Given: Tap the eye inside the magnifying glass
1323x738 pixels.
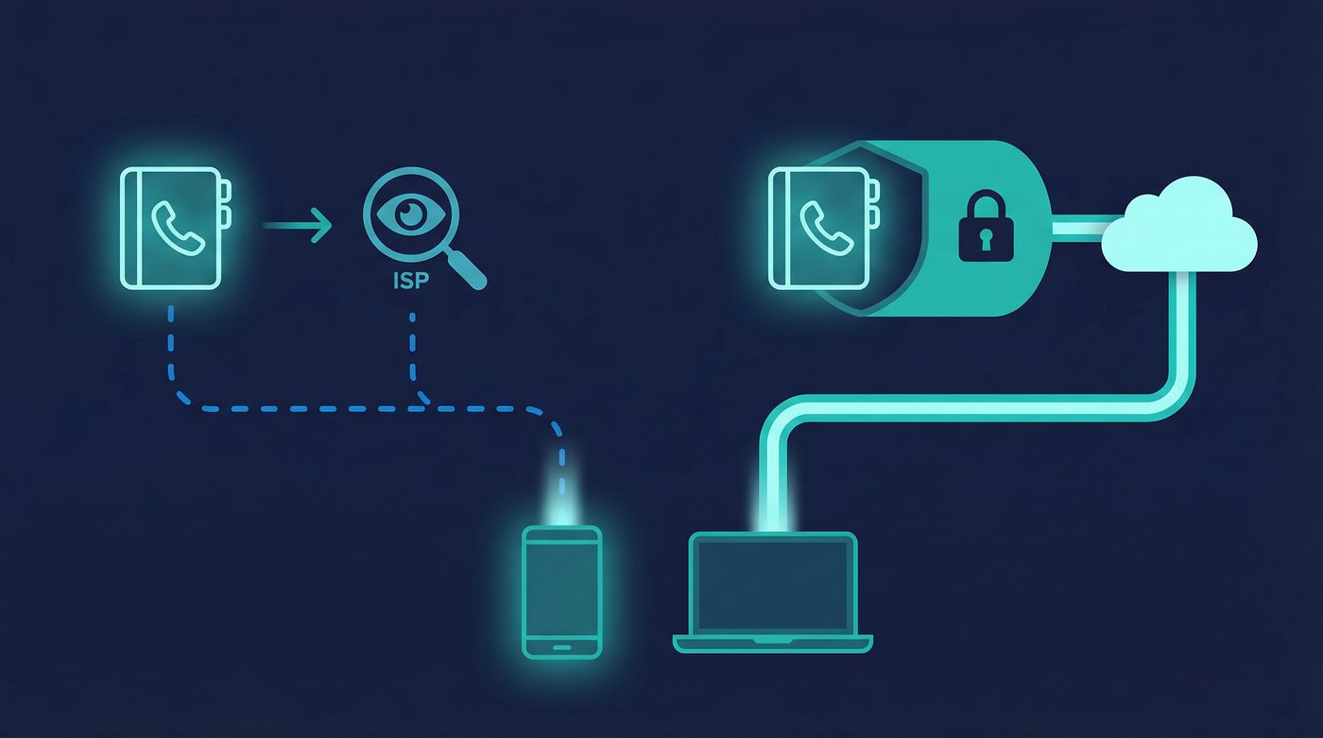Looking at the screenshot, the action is point(410,214).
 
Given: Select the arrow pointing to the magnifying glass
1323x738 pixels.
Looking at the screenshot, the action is point(297,226).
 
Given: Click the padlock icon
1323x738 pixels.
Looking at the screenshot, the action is point(986,226).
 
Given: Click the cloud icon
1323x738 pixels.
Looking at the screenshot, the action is point(1180,227).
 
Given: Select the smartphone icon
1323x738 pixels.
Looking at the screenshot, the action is point(561,592).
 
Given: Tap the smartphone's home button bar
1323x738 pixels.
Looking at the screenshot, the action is point(561,648).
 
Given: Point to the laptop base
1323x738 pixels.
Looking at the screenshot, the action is point(773,644).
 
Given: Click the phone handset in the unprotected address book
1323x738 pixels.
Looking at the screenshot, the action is point(177,228).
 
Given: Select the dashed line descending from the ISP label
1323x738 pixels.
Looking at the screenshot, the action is point(413,350).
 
